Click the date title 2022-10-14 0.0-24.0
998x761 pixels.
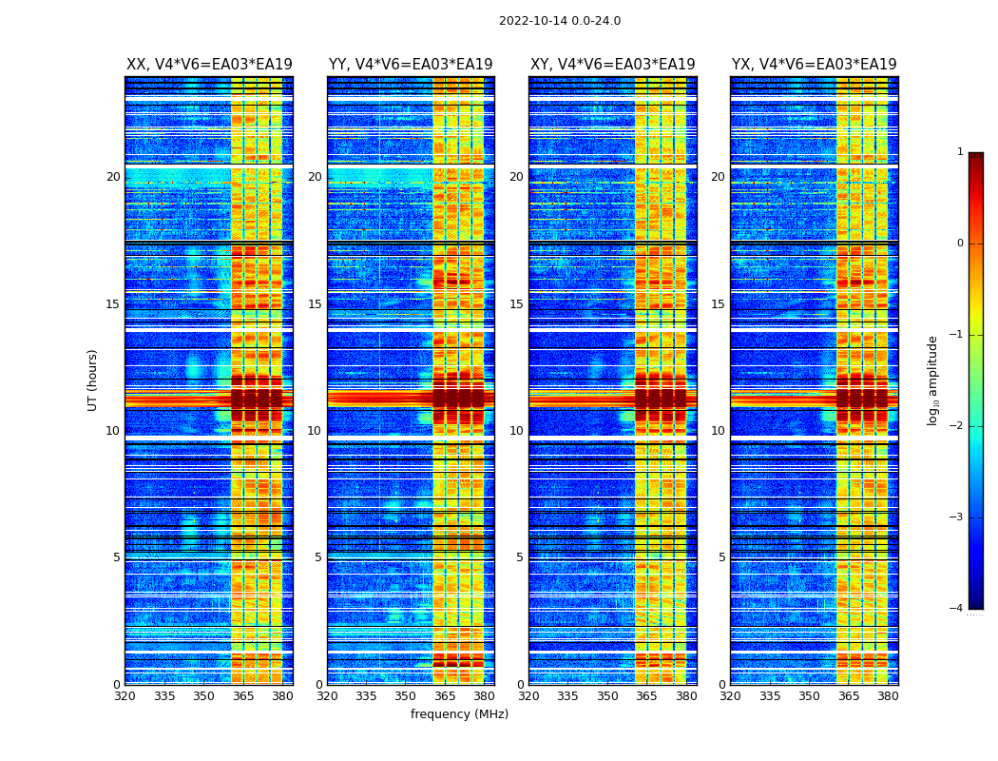coord(559,21)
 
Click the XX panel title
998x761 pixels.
coord(209,65)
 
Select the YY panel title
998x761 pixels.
coord(411,65)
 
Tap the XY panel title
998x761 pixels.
coord(612,65)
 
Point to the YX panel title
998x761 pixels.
coord(814,65)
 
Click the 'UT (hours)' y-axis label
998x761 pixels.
coord(93,380)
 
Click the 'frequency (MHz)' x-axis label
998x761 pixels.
coord(459,714)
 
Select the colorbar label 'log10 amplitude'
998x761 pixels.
coord(933,380)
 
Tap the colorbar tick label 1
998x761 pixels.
coord(960,152)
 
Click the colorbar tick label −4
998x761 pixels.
coord(957,609)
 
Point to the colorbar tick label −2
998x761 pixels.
coord(957,426)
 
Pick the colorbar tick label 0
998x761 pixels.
coord(960,244)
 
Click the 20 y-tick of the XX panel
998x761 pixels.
coord(113,177)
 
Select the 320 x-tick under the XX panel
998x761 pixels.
coord(125,695)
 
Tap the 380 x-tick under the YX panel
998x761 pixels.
coord(888,695)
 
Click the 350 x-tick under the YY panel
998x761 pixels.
coord(406,695)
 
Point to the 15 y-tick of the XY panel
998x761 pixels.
coord(516,304)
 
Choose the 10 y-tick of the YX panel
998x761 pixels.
coord(718,431)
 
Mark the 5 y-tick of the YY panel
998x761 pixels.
coord(318,557)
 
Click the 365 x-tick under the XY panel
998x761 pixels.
coord(647,695)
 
